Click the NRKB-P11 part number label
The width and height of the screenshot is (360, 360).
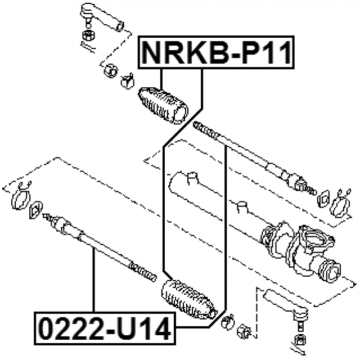point(216,52)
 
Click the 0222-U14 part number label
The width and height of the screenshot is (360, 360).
point(105,328)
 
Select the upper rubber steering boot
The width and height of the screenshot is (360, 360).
point(163,105)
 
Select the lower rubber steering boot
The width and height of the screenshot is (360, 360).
point(189,299)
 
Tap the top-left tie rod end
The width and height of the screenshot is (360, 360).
point(102,17)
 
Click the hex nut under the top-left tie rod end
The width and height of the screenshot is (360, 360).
point(88,35)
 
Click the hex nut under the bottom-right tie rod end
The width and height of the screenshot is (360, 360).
point(300,340)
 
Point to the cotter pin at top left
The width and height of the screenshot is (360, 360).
point(87,47)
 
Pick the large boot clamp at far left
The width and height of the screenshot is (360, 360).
point(21,197)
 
